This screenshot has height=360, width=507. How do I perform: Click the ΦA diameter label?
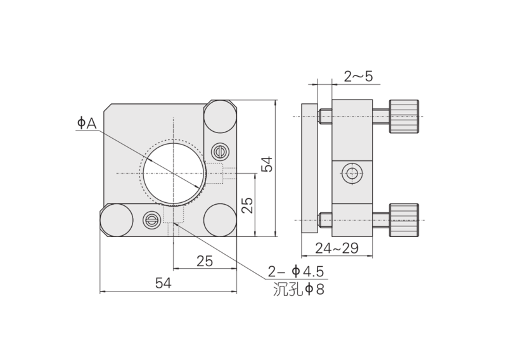[87, 123]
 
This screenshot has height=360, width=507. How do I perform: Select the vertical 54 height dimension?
[267, 164]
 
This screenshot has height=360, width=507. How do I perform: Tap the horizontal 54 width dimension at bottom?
[164, 283]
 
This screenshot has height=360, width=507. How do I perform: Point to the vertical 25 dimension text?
[248, 205]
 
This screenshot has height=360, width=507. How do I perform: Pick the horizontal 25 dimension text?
[205, 261]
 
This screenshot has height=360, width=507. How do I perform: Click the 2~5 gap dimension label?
[358, 77]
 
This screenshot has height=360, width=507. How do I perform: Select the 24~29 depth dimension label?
[337, 248]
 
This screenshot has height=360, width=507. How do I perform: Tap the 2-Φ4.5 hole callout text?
[295, 272]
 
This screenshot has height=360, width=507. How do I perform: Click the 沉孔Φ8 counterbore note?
[298, 289]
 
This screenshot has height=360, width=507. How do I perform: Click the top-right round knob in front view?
[220, 117]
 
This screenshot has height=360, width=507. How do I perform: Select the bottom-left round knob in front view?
[117, 221]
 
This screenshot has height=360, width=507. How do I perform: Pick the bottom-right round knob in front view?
[220, 221]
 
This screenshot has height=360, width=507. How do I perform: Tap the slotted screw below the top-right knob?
[220, 151]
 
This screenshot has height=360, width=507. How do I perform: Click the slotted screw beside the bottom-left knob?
[151, 221]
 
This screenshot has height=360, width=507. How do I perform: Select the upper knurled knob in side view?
[404, 117]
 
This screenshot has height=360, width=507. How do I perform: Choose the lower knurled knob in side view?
[404, 221]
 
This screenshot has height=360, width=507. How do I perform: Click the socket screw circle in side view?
[352, 174]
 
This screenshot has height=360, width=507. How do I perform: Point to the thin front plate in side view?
[309, 168]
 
